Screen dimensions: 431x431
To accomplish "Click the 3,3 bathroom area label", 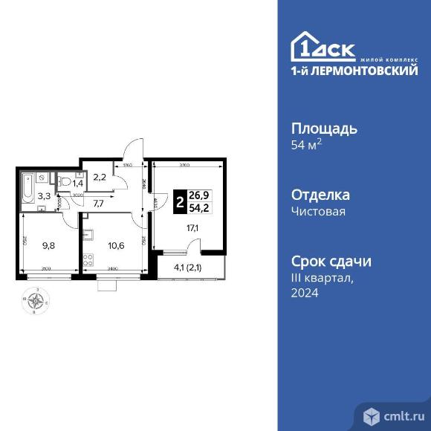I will coord(45,196).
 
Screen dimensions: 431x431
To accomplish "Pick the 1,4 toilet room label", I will coord(77,181).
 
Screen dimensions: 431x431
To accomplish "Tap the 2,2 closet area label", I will coord(100,177).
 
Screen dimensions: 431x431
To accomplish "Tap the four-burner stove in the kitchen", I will coord(88,261).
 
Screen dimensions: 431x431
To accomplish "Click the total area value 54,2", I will coord(198,208).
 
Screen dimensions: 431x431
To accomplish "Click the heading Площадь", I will coord(322,128).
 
